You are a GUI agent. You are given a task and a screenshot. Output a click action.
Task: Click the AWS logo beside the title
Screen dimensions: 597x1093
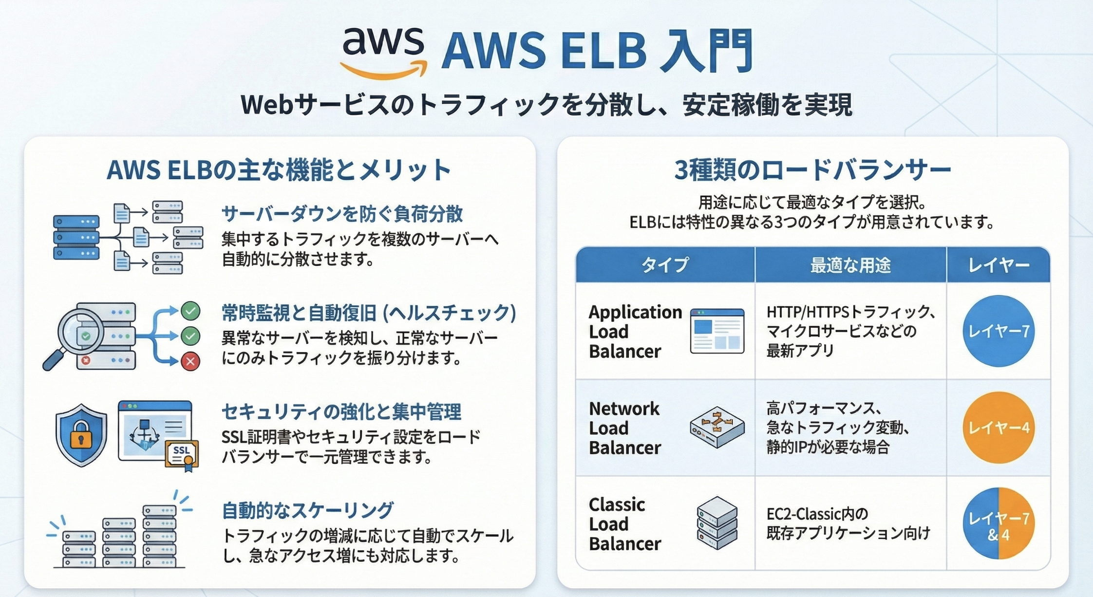click(x=384, y=53)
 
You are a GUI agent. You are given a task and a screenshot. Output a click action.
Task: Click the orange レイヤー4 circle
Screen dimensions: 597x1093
click(x=999, y=428)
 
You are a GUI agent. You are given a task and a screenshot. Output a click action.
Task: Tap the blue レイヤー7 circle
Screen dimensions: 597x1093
click(x=999, y=331)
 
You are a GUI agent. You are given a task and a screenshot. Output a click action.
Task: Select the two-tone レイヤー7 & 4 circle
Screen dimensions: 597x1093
click(x=999, y=523)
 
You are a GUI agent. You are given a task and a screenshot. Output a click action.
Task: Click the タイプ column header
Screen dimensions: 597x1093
click(x=665, y=265)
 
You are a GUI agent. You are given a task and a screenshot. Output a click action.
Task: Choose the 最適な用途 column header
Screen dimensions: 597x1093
click(x=850, y=265)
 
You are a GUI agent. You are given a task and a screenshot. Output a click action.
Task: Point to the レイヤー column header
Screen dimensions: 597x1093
click(x=999, y=265)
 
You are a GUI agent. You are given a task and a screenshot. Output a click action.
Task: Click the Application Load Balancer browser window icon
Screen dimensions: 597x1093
click(x=717, y=331)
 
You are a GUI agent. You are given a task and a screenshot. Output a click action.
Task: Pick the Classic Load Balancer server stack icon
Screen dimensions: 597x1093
click(x=717, y=523)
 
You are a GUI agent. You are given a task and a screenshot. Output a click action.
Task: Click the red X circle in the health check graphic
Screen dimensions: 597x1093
click(x=190, y=361)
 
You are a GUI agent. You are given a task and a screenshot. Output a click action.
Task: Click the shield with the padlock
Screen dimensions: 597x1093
click(x=81, y=435)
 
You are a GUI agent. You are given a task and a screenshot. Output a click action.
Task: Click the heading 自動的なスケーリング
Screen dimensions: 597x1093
click(x=307, y=510)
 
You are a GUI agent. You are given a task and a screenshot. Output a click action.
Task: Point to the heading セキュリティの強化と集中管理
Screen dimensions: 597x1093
click(x=341, y=412)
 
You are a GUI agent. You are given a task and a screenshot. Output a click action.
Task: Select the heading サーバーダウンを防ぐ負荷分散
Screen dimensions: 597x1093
click(x=342, y=214)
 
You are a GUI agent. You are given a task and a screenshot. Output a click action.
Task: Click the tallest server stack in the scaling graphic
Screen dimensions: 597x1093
click(x=159, y=536)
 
